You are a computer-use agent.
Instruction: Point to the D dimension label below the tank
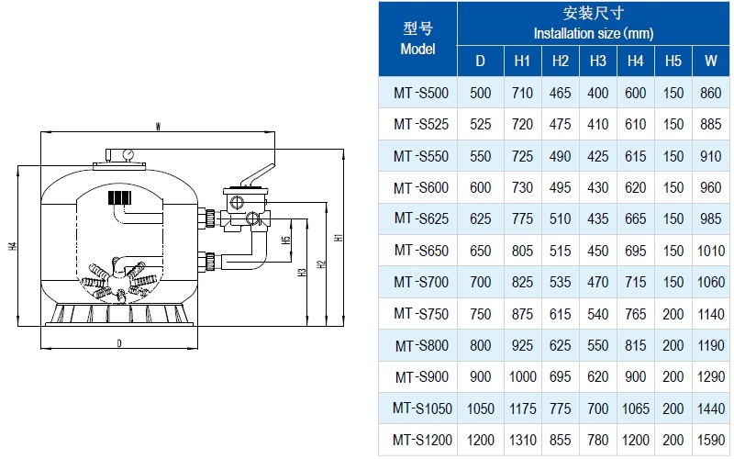click(119, 342)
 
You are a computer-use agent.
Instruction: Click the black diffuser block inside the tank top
click(120, 197)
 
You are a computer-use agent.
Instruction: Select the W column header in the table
click(710, 61)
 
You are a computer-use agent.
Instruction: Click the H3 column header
click(598, 61)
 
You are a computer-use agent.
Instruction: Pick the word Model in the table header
click(417, 49)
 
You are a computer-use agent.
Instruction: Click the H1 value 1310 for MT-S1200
click(522, 440)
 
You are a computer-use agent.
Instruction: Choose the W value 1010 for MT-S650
click(710, 251)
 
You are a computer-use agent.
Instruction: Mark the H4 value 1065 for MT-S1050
click(635, 408)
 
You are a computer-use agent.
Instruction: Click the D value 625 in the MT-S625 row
click(481, 218)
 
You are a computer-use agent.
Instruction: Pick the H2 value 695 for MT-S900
click(561, 376)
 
